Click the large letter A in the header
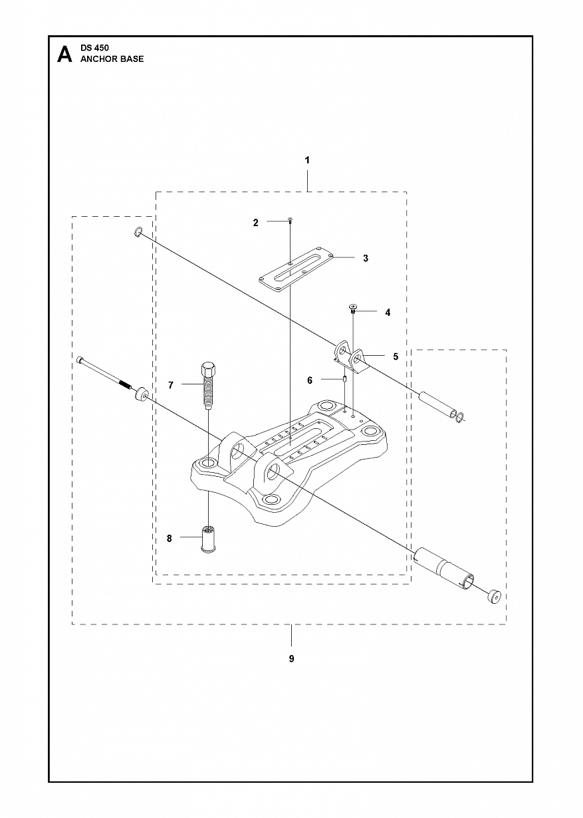pos(64,54)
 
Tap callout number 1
pos(307,160)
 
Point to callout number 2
pos(256,223)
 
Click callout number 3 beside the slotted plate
pos(366,258)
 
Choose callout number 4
pos(388,311)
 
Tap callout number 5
pos(396,356)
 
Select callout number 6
pos(310,380)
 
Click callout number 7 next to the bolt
pos(171,385)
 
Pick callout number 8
pos(170,538)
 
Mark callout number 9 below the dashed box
pos(291,659)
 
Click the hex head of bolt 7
pos(207,369)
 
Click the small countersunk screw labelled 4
pos(353,309)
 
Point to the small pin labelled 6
pos(345,380)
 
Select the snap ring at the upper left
pos(138,232)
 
